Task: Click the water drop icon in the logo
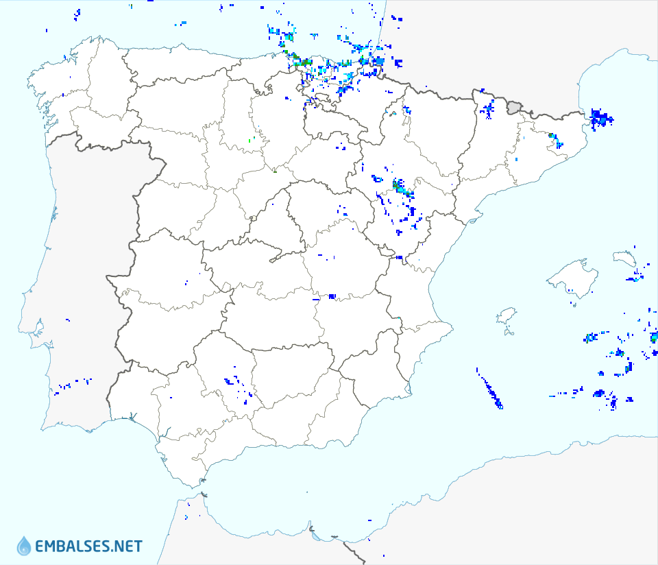pyautogui.click(x=24, y=546)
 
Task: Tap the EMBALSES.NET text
pyautogui.click(x=88, y=546)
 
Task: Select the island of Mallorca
pyautogui.click(x=572, y=278)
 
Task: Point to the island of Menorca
pyautogui.click(x=624, y=258)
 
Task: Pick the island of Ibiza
pyautogui.click(x=506, y=316)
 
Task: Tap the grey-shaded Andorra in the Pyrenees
pyautogui.click(x=514, y=107)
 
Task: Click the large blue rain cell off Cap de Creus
pyautogui.click(x=601, y=117)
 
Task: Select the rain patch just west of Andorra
pyautogui.click(x=488, y=108)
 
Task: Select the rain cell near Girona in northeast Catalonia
pyautogui.click(x=555, y=139)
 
